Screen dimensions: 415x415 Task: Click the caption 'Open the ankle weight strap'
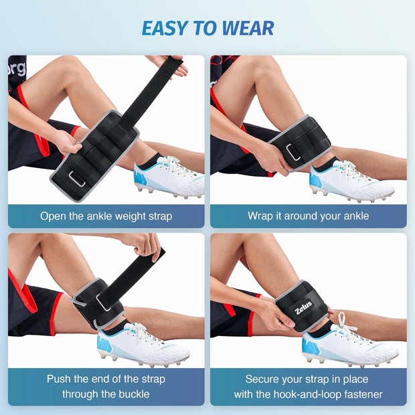coord(106,216)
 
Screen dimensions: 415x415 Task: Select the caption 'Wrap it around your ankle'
coord(308,216)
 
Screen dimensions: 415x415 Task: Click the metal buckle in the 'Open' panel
coord(77,179)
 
